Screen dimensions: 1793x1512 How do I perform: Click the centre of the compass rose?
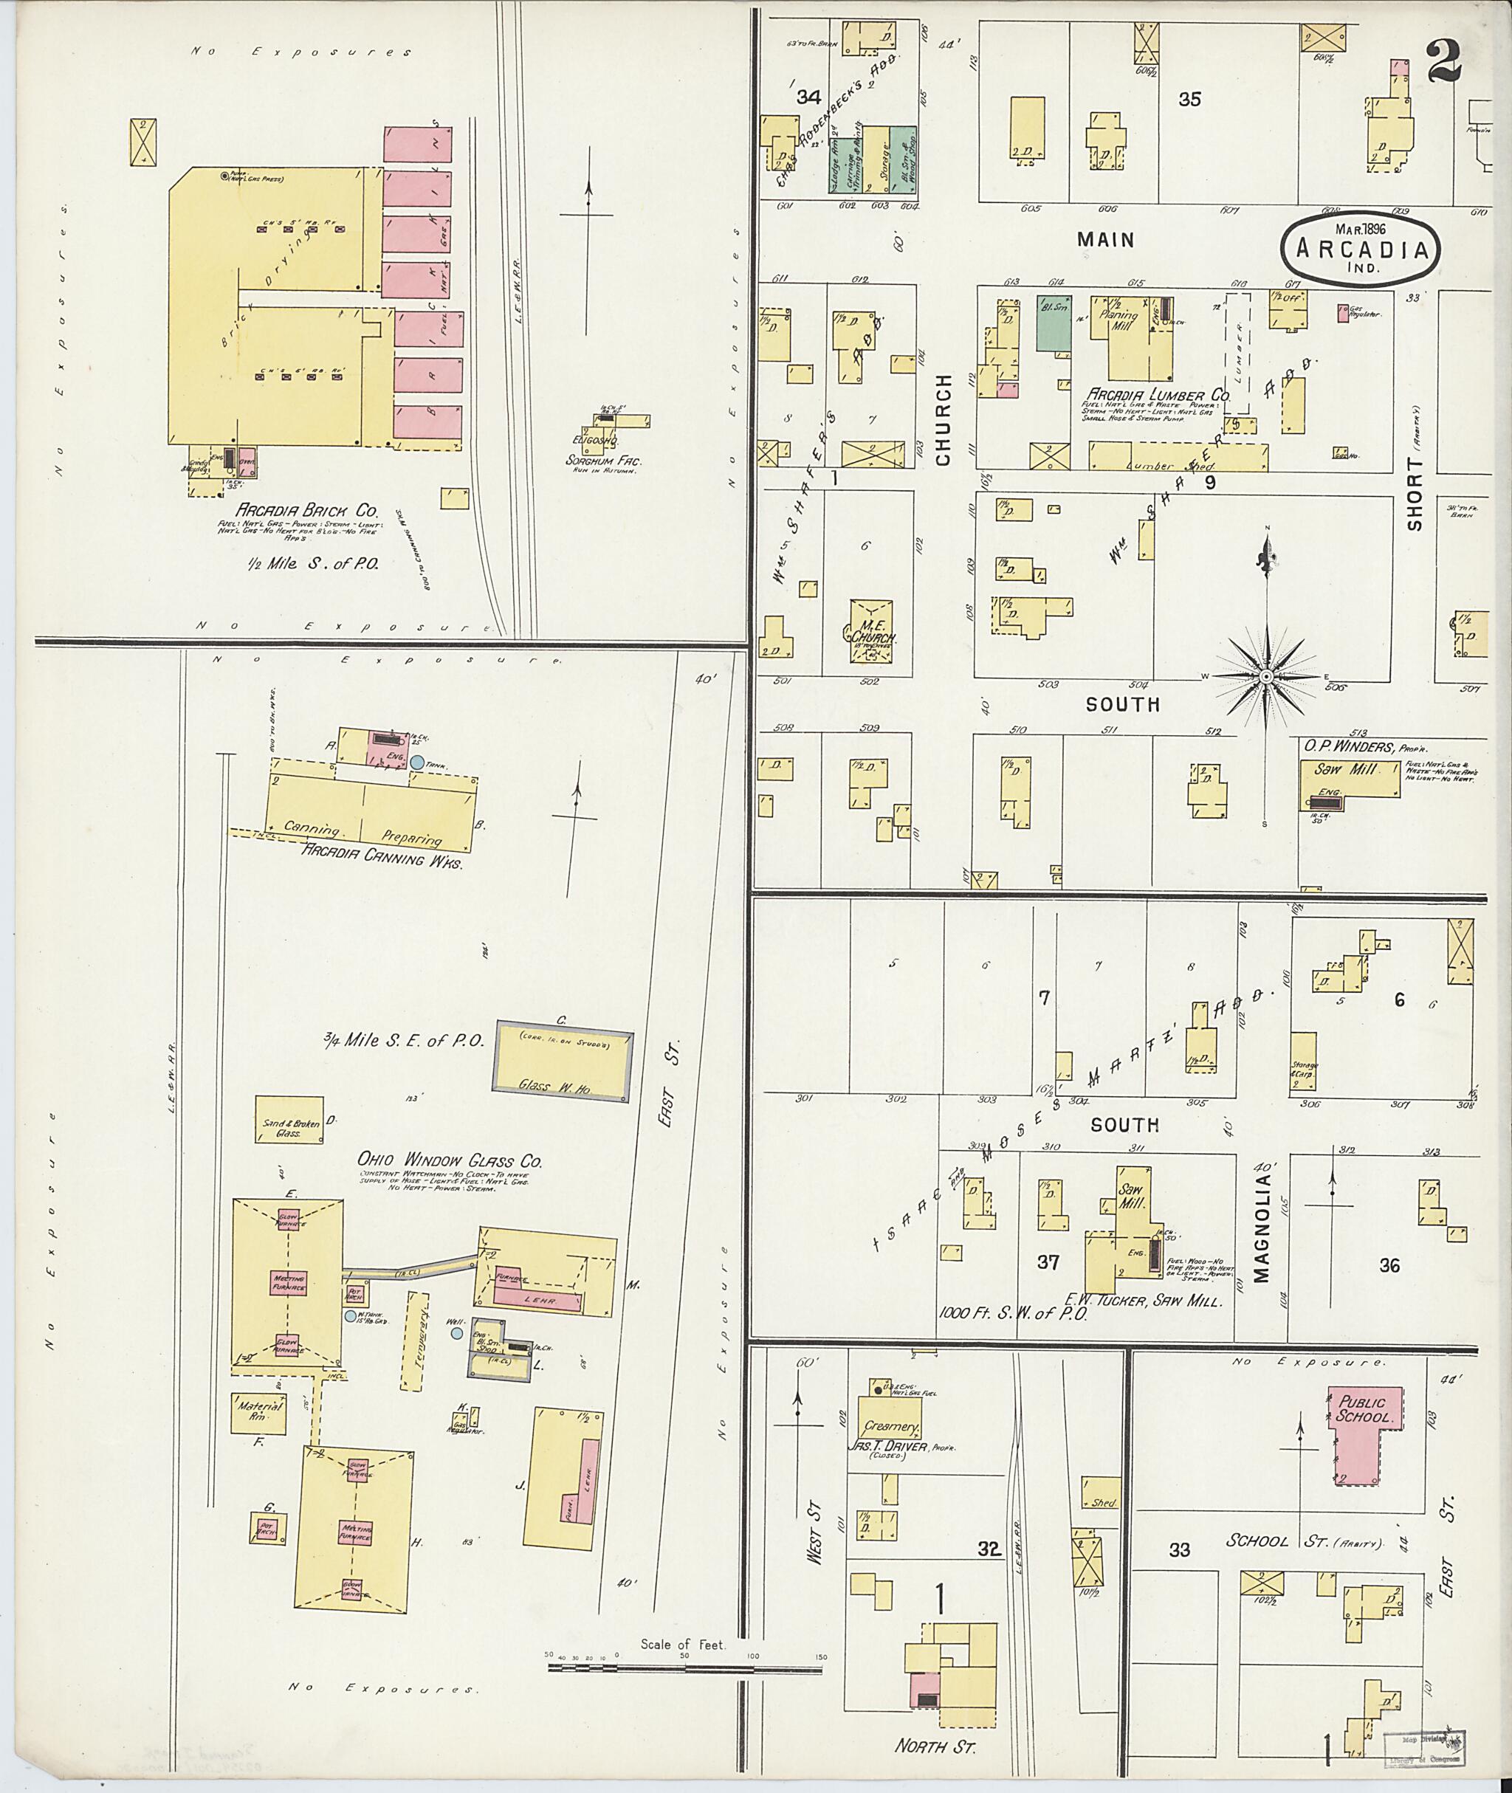pos(1265,677)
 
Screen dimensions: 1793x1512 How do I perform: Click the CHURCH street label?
pos(944,420)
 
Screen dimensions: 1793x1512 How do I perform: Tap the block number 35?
pos(1189,100)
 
